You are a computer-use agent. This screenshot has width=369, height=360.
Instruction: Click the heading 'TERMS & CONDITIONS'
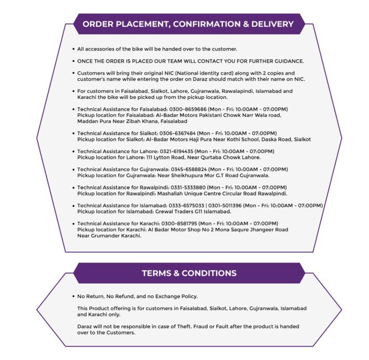coord(189,273)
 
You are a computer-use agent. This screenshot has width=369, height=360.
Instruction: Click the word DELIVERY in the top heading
coord(272,24)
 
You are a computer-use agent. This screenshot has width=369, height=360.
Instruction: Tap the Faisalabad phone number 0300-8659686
coord(188,110)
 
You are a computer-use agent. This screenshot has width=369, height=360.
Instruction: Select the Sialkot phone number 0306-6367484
coord(177,133)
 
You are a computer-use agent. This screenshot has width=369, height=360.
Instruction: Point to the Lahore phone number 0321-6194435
coord(176,152)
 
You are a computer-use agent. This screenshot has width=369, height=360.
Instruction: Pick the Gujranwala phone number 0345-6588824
coord(189,170)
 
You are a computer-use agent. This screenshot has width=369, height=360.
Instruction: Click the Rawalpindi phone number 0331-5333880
coord(188,187)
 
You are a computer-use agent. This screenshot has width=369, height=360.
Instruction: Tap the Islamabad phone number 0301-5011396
coord(225,206)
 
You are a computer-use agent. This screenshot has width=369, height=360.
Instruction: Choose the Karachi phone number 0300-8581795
coord(180,224)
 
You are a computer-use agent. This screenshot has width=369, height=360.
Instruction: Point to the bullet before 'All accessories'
coord(74,49)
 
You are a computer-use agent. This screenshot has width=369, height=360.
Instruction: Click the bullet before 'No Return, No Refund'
coord(74,297)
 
